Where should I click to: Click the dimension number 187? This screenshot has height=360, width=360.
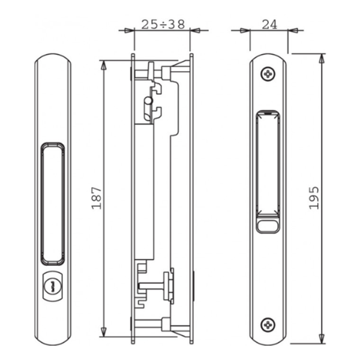[97, 197]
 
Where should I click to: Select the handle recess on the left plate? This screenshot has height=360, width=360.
[52, 203]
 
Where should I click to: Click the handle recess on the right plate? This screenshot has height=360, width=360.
[268, 164]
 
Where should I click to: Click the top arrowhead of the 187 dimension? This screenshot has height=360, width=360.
[104, 64]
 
